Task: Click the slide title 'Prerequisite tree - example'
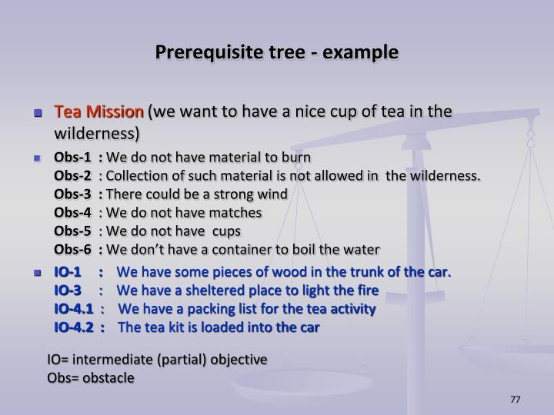pos(277,53)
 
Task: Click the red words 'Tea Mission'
pos(98,112)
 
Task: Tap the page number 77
pos(516,400)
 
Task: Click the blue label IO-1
pos(68,273)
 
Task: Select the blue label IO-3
pos(68,290)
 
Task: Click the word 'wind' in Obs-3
pos(272,194)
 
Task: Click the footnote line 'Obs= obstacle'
pos(91,377)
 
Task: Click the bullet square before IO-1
pos(37,274)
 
